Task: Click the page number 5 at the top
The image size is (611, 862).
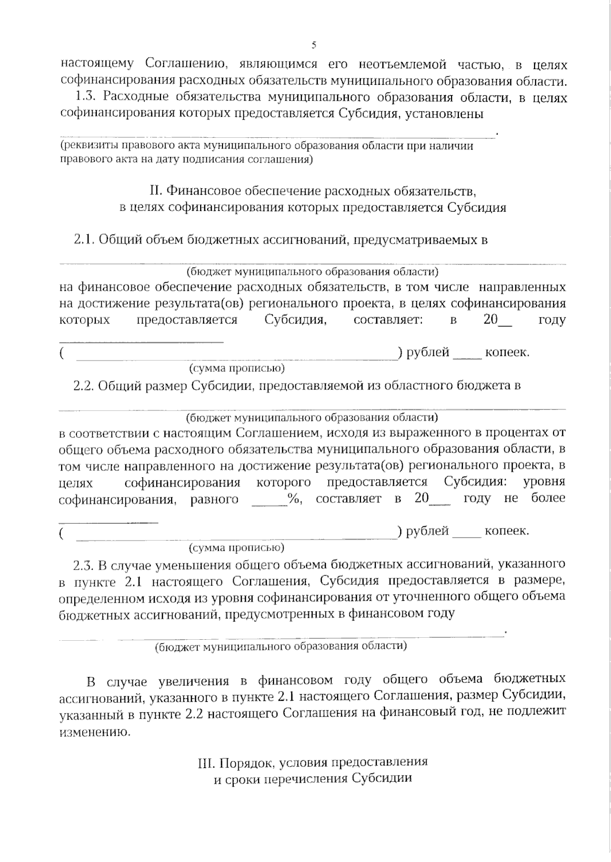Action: (x=314, y=45)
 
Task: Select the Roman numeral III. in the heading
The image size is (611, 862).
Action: (x=207, y=763)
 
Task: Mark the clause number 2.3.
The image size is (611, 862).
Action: (x=85, y=564)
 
